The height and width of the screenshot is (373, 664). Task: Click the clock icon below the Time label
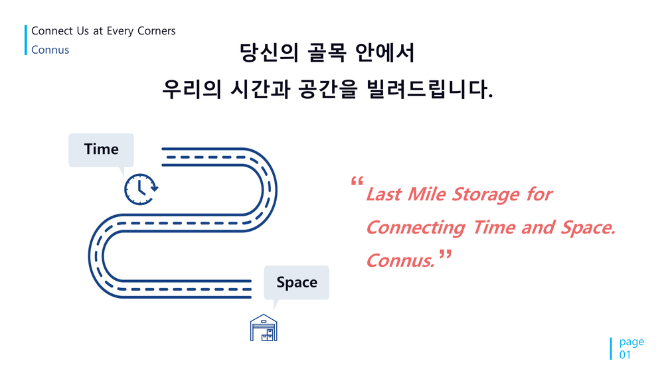coord(141,189)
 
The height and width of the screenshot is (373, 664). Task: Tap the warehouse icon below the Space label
coord(264,328)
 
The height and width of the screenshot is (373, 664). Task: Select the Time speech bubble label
coord(101,150)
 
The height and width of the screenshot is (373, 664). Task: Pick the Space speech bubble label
coord(296,282)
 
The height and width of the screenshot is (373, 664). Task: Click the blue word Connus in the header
coord(50,50)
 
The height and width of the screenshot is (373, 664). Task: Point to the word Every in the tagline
coord(120,31)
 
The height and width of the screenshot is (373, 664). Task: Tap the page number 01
coord(625,355)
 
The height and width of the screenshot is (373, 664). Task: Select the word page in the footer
coord(631,342)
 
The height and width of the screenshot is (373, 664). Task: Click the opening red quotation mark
coord(357,181)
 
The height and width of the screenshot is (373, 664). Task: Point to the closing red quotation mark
coord(445,254)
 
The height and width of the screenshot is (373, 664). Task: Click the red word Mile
coord(426,194)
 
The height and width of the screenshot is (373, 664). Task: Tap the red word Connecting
coord(416,228)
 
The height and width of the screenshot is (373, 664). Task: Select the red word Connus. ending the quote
coord(400,260)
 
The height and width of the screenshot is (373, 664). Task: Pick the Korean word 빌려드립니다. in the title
coord(430,89)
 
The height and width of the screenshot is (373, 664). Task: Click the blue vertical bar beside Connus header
coord(26,40)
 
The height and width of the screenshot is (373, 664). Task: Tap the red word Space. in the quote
coord(588,228)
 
